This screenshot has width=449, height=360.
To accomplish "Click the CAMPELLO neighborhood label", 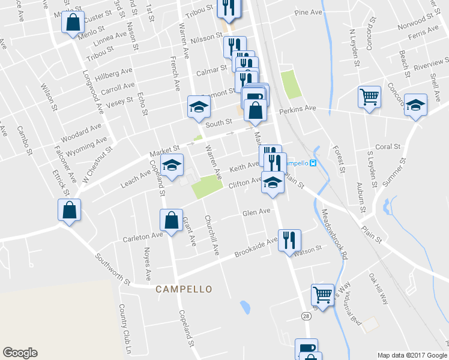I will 184,289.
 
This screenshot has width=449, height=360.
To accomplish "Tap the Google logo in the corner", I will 20,353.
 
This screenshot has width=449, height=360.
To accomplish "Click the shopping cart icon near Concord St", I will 369,96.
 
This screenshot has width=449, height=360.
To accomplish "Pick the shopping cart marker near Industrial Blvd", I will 322,295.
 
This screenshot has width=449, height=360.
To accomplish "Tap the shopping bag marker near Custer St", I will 72,23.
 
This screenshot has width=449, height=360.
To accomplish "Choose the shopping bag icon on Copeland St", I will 172,220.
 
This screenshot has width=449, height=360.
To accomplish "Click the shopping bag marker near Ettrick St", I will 69,210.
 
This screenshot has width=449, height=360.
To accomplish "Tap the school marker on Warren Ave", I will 199,107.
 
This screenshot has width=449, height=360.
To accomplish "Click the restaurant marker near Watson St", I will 289,240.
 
